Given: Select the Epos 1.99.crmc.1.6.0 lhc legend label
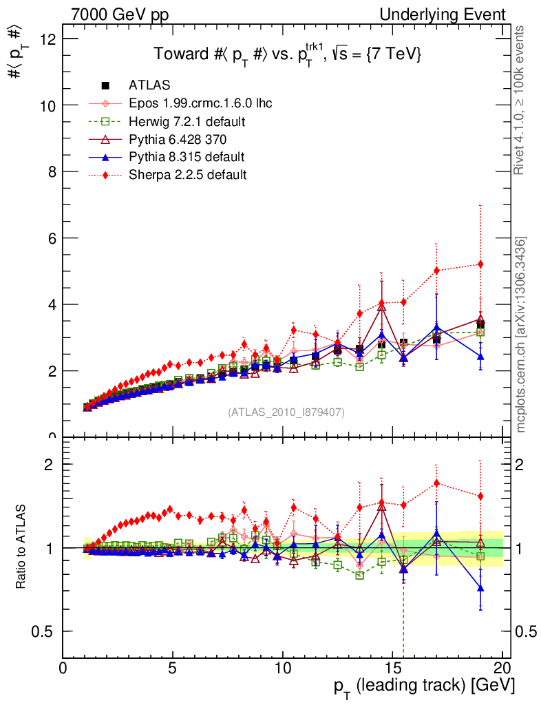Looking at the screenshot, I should (200, 103).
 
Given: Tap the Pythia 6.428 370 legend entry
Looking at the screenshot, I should (178, 139).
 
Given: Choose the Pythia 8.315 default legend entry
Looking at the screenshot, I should (187, 157).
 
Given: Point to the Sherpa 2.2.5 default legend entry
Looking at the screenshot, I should (187, 175).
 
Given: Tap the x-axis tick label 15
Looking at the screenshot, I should (392, 668).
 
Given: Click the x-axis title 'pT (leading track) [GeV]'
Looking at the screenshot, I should (424, 686).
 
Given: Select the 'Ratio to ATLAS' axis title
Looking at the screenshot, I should (22, 547).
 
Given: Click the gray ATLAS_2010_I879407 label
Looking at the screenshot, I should (286, 412).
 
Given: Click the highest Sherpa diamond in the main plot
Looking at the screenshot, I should (480, 264).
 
